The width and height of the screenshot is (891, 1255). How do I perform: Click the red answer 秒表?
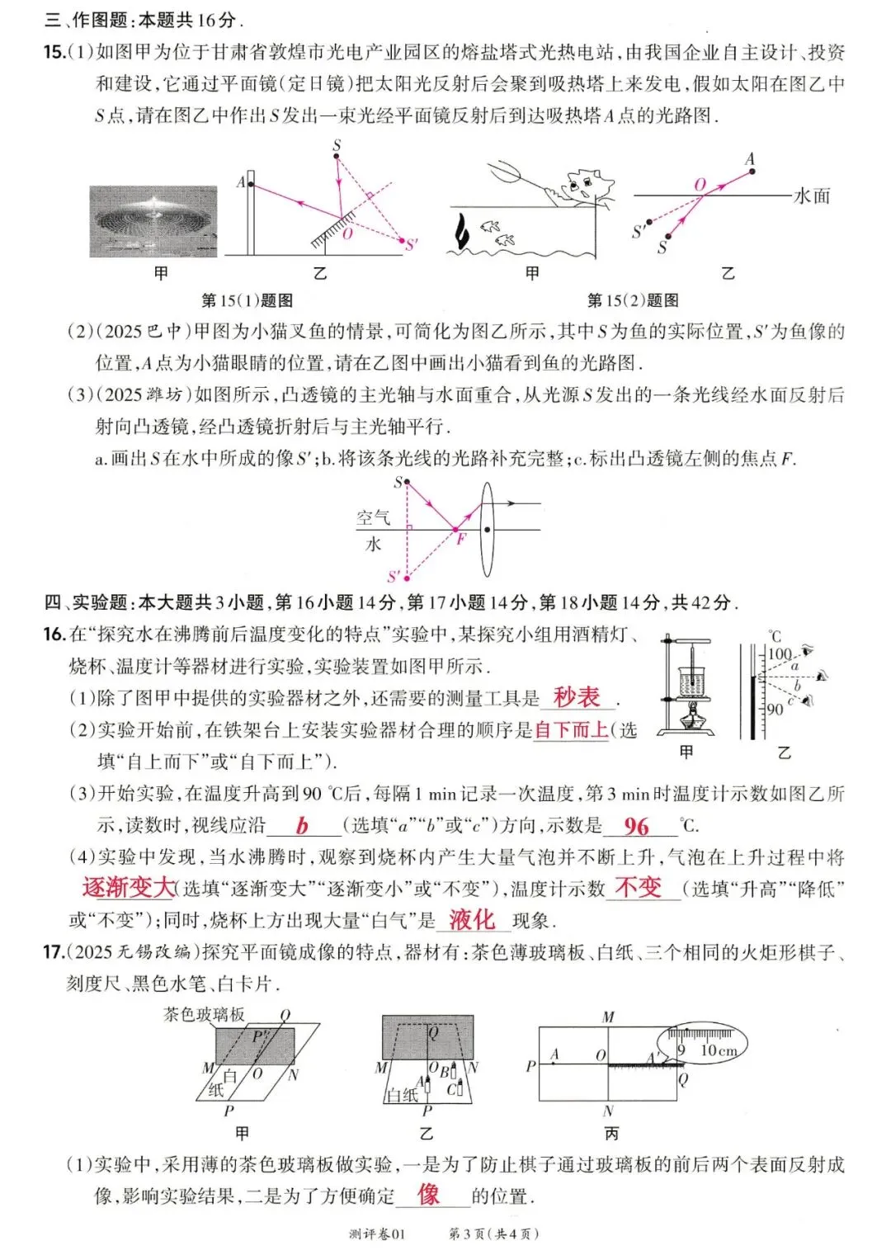[577, 697]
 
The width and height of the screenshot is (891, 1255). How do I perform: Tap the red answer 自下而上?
[571, 729]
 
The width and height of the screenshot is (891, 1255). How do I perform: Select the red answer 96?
[636, 826]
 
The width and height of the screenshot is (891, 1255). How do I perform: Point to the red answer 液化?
[472, 920]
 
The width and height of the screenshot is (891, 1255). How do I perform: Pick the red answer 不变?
[639, 888]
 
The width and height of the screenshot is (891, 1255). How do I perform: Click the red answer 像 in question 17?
[429, 1194]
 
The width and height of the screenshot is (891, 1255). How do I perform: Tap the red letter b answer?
[303, 826]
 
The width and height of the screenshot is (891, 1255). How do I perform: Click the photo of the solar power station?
[153, 221]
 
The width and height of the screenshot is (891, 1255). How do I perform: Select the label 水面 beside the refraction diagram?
[812, 196]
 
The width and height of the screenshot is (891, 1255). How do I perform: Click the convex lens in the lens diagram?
[488, 530]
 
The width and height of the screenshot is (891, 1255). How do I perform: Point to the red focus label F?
[462, 539]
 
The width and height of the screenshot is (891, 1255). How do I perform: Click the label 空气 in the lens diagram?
[373, 517]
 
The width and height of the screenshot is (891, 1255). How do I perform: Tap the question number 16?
[54, 634]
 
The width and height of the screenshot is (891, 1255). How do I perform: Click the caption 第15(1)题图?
[247, 300]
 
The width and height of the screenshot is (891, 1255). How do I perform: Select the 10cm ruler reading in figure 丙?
[718, 1050]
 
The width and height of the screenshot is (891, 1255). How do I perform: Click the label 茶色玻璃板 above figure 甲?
[204, 1014]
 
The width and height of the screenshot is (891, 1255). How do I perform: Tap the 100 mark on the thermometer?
[780, 653]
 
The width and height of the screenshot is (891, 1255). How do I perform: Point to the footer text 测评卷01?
[378, 1234]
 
